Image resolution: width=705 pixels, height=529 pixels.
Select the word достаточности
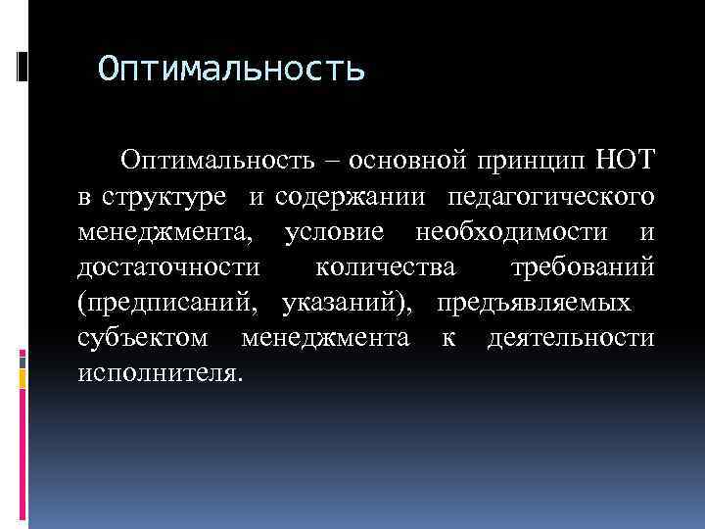[x=168, y=267]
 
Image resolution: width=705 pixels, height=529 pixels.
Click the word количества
[x=387, y=267]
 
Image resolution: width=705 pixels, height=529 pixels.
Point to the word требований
[x=584, y=267]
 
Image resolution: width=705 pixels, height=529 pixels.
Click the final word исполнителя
[x=157, y=373]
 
